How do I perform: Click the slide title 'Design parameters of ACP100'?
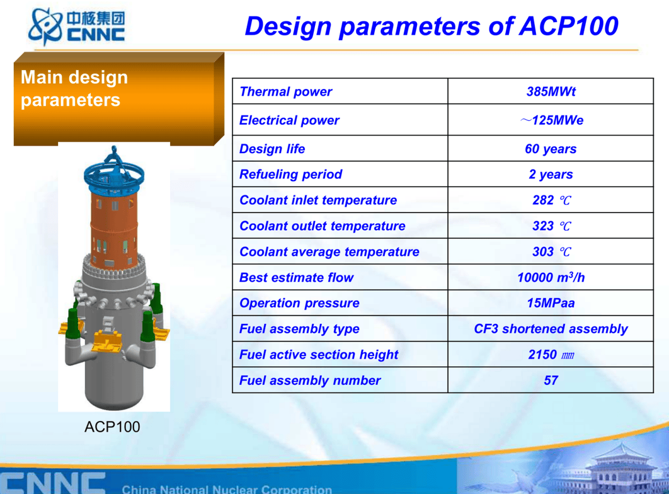point(432,27)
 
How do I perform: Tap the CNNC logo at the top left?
point(76,27)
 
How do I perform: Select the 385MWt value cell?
point(551,91)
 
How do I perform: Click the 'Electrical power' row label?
point(289,120)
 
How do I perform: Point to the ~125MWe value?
point(552,120)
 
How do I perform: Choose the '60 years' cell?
point(551,149)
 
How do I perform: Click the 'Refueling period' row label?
point(291,174)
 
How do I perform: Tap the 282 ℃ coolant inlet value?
point(552,200)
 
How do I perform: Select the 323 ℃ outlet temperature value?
point(552,226)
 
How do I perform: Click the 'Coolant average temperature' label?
point(329,251)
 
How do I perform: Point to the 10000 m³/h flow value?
point(551,277)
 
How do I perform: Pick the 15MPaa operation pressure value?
point(551,303)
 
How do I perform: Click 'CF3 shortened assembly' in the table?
point(551,328)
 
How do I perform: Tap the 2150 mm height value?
point(551,354)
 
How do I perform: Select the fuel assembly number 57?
point(551,380)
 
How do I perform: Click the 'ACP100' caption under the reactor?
point(112,427)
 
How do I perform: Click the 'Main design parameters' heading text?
point(74,89)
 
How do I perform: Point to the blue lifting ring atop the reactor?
point(114,175)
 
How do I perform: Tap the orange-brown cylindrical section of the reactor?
point(114,229)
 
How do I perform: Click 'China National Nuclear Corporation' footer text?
point(227,488)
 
